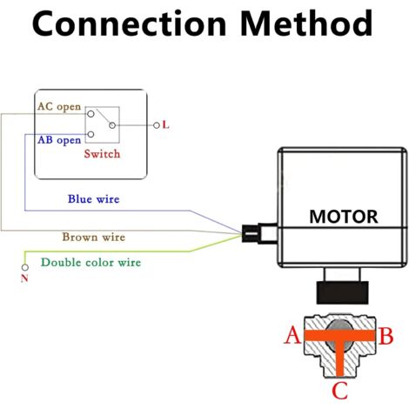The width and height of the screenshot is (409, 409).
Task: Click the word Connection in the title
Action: [130, 23]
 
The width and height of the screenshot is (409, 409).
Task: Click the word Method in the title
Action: [306, 23]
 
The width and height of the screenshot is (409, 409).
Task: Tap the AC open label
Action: [59, 106]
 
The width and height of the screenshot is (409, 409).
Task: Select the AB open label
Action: [59, 140]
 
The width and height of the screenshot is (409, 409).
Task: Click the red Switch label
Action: [102, 154]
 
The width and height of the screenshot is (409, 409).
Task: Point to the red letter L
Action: [165, 125]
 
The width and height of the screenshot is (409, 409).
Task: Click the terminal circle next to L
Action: [157, 125]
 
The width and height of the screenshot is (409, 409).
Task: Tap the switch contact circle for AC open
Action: [91, 114]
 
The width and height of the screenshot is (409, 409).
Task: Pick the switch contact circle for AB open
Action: [91, 134]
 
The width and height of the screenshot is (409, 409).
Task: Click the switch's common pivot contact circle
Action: [112, 125]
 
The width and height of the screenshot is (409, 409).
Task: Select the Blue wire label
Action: [94, 199]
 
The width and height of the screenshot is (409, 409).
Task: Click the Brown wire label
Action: [94, 237]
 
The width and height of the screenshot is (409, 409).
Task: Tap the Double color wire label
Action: [91, 263]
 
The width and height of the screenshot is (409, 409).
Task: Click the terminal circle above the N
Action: [25, 267]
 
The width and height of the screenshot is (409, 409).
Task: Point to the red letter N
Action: [24, 278]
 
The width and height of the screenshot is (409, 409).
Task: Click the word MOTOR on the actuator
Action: [344, 217]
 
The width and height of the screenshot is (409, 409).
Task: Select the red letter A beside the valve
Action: [292, 335]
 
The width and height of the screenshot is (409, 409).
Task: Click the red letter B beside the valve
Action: [386, 336]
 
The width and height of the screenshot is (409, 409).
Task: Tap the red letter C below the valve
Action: [339, 391]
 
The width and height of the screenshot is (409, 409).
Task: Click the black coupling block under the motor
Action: [342, 292]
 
